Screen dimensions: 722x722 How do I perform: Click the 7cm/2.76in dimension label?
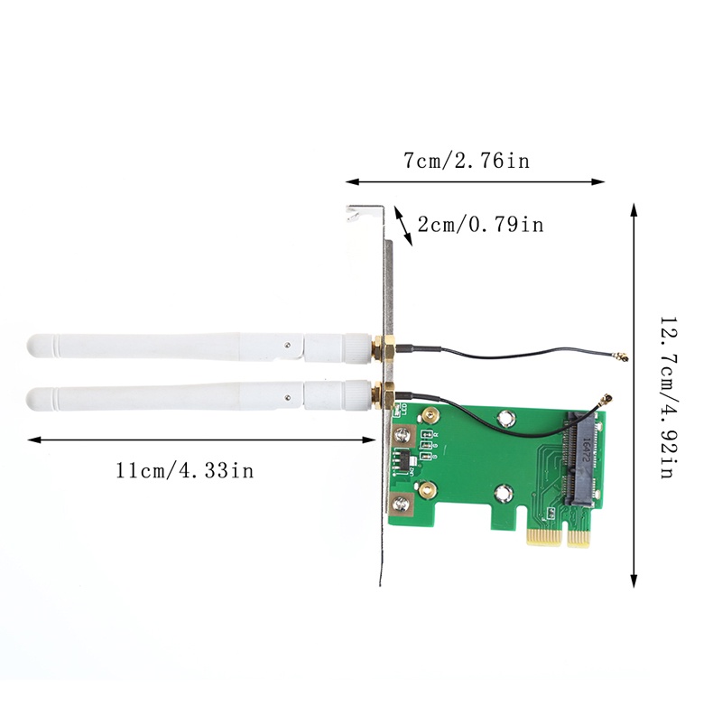pos(466,162)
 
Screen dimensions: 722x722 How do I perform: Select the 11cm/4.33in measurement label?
pos(185,470)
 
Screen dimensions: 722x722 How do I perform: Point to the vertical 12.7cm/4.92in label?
pos(668,397)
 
